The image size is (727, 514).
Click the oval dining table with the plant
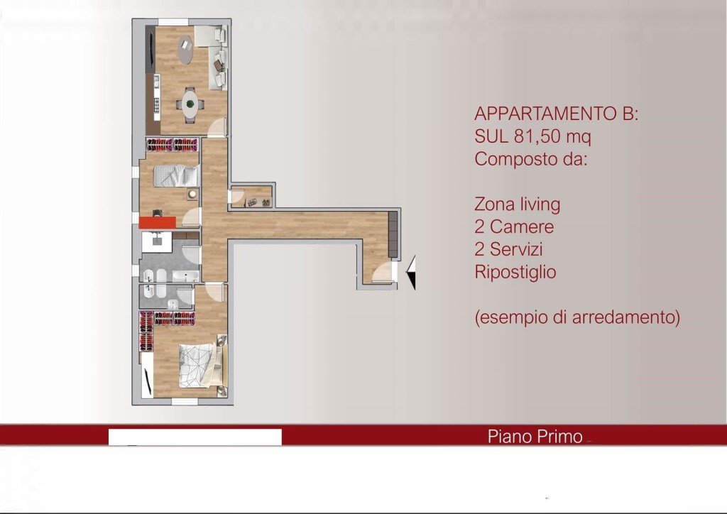click(190, 104)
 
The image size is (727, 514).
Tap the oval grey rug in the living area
click(185, 52)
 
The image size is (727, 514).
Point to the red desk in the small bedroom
click(157, 222)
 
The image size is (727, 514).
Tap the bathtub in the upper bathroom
click(186, 276)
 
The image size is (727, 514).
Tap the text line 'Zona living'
click(517, 204)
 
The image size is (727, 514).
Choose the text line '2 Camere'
click(514, 227)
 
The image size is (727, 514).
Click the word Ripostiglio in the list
click(515, 272)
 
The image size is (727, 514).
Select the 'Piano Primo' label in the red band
click(535, 437)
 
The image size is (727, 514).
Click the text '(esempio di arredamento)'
click(577, 317)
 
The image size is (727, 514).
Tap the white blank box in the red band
click(195, 437)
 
